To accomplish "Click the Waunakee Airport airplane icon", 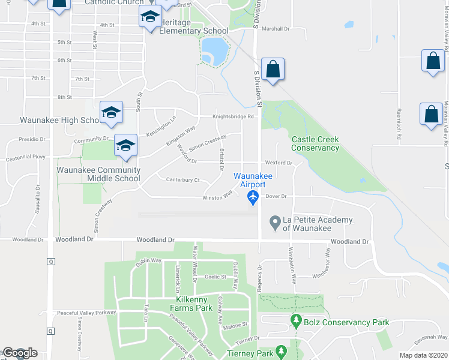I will pos(253,197).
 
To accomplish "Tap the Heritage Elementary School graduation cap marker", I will pos(150,17).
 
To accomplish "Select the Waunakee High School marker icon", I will pos(111,113).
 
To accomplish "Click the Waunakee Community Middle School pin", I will pos(125,146).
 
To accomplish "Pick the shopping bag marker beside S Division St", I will pos(273,69).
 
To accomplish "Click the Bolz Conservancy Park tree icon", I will pos(295,321).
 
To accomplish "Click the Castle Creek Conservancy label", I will pos(315,143).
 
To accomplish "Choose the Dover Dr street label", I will pos(277,196).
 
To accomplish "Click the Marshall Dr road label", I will pos(276,28).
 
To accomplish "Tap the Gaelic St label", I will pos(214,277).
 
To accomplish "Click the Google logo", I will pos(20,353).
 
